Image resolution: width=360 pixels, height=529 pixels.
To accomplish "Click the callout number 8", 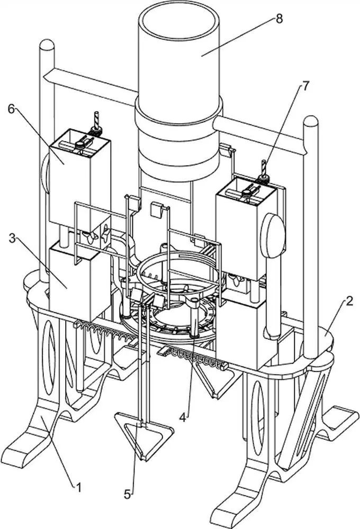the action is point(279,19).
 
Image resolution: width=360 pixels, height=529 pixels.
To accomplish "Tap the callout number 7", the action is point(305,86).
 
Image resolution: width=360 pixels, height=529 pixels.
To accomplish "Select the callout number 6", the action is point(12,110).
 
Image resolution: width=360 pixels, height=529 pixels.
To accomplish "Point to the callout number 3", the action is point(12,239).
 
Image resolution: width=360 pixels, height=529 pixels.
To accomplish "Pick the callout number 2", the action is point(349,300).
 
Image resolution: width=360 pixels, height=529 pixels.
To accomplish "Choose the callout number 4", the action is point(183,418).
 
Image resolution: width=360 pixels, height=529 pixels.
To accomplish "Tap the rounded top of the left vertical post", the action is point(47,44).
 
